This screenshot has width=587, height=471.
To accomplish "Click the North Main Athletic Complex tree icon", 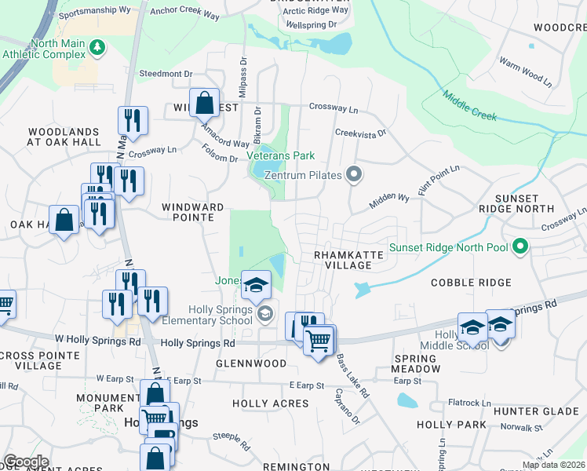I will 97,49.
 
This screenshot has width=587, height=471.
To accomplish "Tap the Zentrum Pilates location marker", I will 354,174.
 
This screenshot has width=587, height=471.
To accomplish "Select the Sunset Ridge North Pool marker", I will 520,248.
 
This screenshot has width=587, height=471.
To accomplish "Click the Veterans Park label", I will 281,155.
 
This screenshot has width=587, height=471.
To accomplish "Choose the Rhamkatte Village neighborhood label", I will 343,261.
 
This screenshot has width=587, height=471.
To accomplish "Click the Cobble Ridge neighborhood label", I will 471,282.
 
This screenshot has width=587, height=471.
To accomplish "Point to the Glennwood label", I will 252,363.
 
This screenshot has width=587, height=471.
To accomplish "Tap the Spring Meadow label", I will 417,363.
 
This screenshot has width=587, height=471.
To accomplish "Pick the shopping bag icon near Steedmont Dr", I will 204,103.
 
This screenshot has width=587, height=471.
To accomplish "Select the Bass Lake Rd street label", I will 352,375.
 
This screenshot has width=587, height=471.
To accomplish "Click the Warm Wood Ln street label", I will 525,71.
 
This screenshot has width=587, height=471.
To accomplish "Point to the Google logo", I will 26,462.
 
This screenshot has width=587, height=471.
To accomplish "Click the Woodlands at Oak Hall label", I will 64,137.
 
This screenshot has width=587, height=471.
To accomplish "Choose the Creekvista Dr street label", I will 361,133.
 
